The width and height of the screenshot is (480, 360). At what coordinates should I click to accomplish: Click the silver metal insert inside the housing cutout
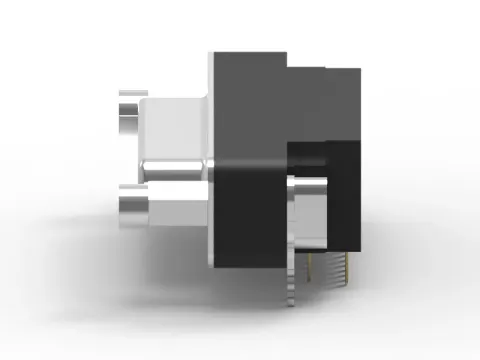(311, 215)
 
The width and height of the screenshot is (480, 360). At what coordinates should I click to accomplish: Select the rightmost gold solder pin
(348, 265)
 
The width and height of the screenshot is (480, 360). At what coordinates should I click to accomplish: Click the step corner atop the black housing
(287, 66)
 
